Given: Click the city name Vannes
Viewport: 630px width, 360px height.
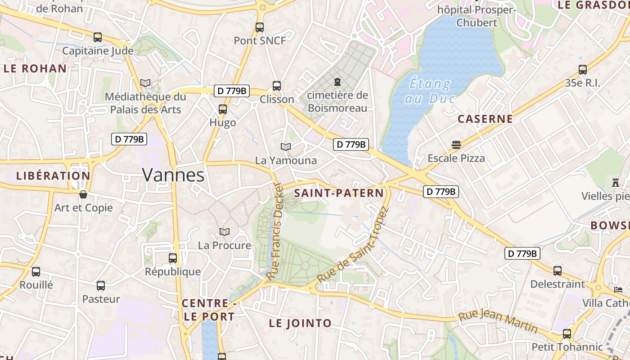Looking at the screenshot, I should click(173, 175).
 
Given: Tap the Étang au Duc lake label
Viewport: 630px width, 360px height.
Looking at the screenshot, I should click(430, 91).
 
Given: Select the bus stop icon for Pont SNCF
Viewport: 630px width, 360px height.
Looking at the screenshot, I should click(260, 27).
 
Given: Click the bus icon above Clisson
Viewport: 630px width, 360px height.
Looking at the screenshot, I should click(277, 85).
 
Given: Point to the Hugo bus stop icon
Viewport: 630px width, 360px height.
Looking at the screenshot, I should click(222, 109).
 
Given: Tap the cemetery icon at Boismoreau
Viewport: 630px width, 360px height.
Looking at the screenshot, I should click(337, 82).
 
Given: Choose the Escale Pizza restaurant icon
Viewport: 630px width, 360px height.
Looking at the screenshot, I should click(456, 145).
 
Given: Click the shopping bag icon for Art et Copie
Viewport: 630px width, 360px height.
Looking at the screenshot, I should click(83, 194).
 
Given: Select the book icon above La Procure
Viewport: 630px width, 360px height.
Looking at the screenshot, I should click(225, 232).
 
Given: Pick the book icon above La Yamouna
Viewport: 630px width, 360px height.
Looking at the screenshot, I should click(286, 147).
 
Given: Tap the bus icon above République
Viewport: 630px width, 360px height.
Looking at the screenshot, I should click(173, 258).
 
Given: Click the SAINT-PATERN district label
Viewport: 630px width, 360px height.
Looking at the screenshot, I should click(339, 193).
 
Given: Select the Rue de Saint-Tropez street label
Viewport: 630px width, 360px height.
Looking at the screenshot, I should click(352, 245).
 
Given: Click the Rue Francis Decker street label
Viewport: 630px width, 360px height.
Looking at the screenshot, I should click(274, 232).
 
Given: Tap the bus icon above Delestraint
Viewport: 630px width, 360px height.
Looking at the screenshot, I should click(558, 271).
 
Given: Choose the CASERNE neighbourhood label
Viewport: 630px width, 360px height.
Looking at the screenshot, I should click(485, 119).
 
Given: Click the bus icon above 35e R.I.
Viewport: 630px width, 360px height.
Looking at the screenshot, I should click(583, 70).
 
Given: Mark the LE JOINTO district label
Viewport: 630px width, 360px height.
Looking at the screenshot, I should click(300, 323).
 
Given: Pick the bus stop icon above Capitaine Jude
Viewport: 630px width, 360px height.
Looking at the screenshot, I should click(98, 37).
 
